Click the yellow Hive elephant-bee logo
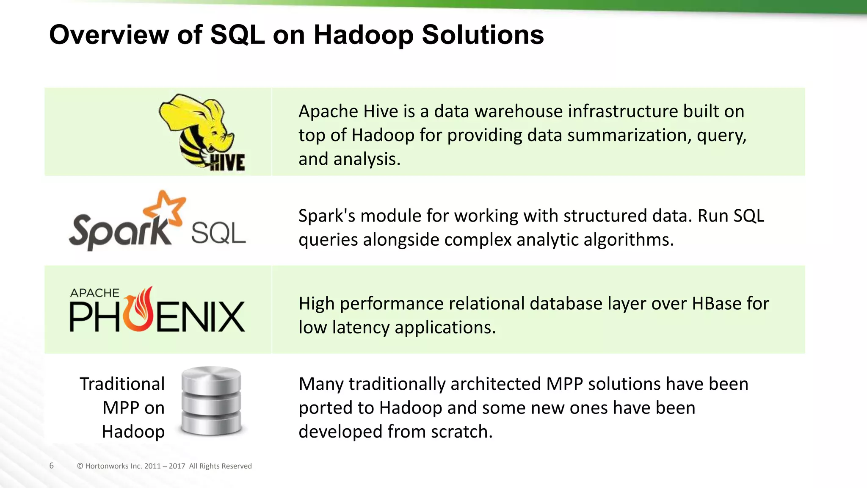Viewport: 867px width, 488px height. [197, 127]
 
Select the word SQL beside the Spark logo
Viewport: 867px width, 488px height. [218, 233]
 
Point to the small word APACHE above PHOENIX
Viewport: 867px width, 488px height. [95, 293]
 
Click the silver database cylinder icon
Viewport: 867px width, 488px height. [211, 401]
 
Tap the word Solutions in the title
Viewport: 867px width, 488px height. [483, 35]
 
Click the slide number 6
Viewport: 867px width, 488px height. [52, 466]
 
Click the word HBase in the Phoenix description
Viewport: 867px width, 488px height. [716, 304]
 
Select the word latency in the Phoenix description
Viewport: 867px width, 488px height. [360, 327]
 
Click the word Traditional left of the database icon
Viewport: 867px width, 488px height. [122, 384]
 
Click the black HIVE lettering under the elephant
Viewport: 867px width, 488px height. [227, 163]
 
